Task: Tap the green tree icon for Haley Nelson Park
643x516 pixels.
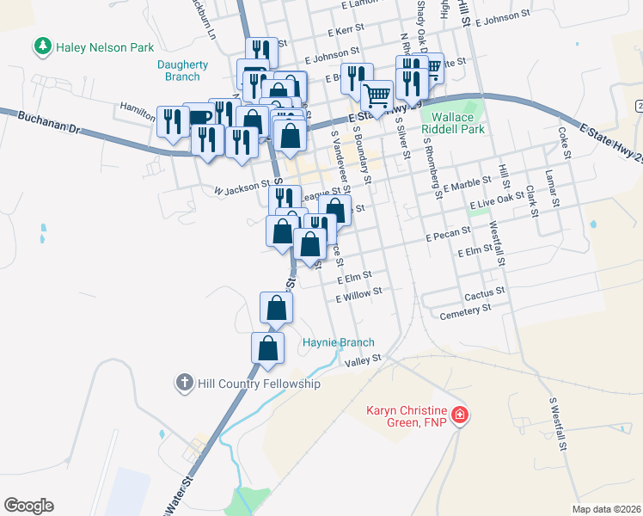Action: pyautogui.click(x=42, y=46)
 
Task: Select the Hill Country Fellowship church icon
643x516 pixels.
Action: pyautogui.click(x=184, y=383)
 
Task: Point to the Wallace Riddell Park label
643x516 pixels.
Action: pyautogui.click(x=453, y=123)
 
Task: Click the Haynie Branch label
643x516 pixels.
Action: pyautogui.click(x=339, y=342)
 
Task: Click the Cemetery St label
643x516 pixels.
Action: pyautogui.click(x=464, y=311)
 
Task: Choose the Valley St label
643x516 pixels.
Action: pyautogui.click(x=362, y=362)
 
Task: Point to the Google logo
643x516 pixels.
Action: pyautogui.click(x=28, y=506)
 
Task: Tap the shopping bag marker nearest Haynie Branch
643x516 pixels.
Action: pyautogui.click(x=267, y=348)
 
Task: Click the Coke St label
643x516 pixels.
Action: pyautogui.click(x=565, y=143)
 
